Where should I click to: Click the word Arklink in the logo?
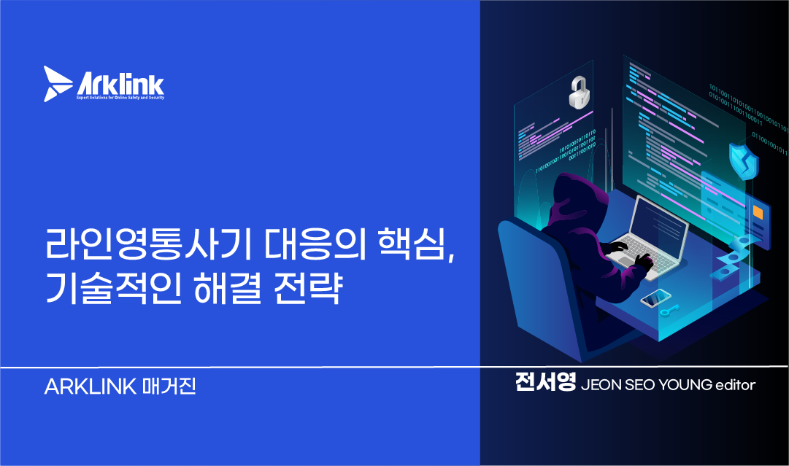tap(120, 81)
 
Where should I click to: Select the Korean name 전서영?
tap(545, 384)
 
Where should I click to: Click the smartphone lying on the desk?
tap(655, 298)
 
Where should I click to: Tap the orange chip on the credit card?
tap(757, 212)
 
